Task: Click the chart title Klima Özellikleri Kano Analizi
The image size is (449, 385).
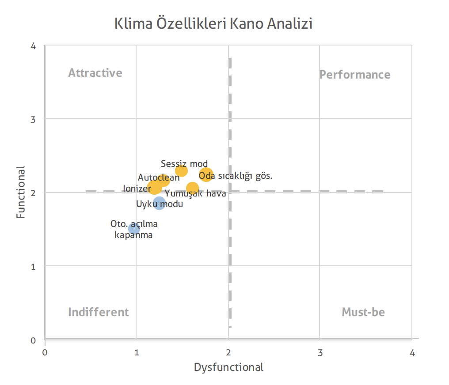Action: coord(213,23)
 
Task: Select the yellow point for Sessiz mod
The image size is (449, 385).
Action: coord(181,171)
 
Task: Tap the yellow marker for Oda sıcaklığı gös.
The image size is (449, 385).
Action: coord(206,175)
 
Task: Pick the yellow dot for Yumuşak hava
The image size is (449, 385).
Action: coord(192,188)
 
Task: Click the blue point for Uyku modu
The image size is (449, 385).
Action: coord(159,203)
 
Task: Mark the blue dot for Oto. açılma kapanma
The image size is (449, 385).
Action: coord(134,229)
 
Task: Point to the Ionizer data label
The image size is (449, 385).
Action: coord(137,189)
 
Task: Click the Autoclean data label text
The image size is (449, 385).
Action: coord(159,177)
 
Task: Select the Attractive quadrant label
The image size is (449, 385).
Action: coord(95,73)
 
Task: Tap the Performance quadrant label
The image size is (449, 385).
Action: coord(355,75)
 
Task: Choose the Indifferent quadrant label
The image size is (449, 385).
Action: coord(99,312)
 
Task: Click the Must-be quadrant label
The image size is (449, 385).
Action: coord(363,312)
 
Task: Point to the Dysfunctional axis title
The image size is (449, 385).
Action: coord(228,367)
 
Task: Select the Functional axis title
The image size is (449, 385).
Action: coord(21,192)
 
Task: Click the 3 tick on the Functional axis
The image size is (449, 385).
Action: coord(33,119)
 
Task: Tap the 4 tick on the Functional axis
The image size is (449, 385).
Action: coord(33,46)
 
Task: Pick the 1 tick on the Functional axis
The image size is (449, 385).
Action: coord(33,267)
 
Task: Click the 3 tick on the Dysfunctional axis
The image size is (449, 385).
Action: coord(320,353)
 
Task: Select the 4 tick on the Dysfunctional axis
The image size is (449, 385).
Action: coord(412,353)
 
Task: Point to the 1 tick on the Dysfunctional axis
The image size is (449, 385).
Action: coord(137,353)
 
